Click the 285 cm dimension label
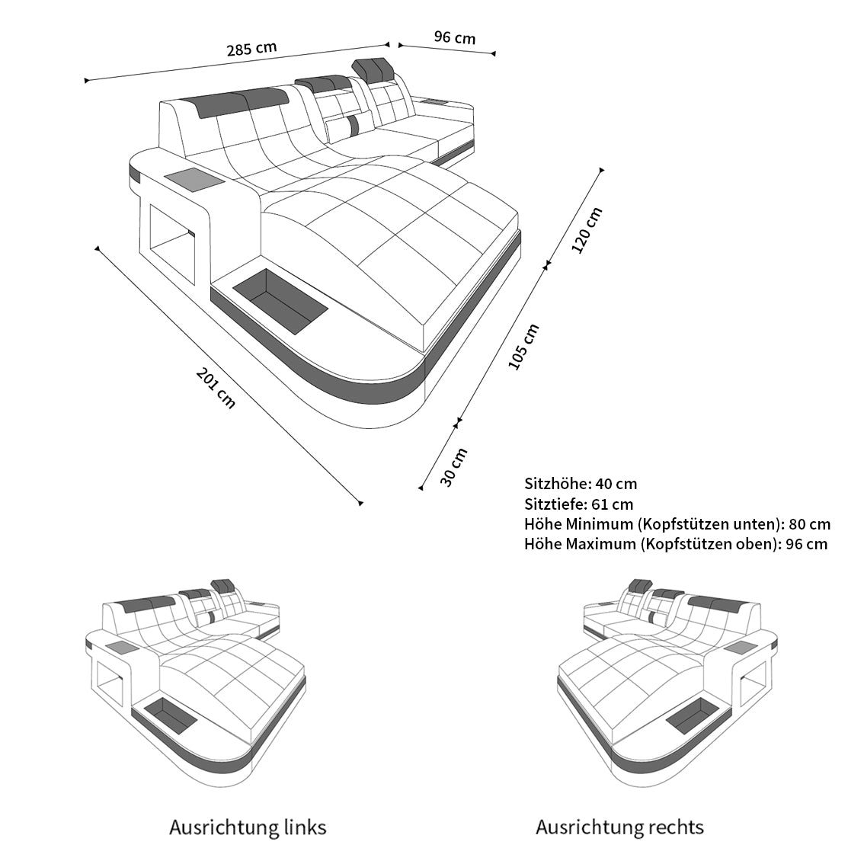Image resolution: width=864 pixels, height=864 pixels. point(251,49)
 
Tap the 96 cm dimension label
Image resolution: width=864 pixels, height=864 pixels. point(454,37)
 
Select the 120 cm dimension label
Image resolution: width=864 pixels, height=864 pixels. point(587,229)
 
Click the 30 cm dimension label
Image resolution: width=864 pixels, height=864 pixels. point(454,466)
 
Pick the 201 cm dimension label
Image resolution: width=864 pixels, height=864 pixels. point(216,388)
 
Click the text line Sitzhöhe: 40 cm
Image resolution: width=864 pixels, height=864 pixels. point(581,484)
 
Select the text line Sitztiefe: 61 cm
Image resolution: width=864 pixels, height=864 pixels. point(578,504)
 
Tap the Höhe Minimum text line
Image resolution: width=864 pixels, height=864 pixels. point(677,524)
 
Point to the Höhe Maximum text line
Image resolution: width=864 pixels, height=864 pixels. point(675,544)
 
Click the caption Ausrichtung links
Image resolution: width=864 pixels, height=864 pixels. point(248,827)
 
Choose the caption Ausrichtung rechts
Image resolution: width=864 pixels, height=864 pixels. point(619,827)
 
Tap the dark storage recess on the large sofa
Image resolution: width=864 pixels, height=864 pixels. point(280,302)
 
